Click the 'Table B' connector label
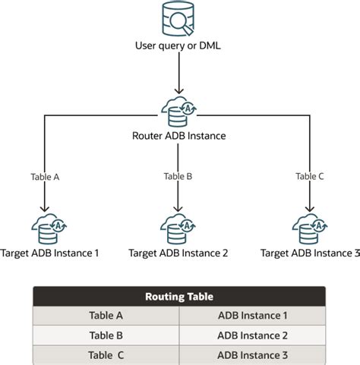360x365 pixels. (178, 176)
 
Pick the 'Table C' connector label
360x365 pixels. (310, 176)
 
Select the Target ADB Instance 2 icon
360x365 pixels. (178, 228)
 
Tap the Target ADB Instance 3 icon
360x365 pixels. (309, 228)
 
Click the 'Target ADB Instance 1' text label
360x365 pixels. (50, 253)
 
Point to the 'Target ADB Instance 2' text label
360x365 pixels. (178, 253)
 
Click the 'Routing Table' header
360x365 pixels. (179, 297)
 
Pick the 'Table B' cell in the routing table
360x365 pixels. (106, 335)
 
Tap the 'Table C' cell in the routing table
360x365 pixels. (106, 354)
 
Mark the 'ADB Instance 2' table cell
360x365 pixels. (252, 335)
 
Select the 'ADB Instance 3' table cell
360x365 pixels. (252, 354)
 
